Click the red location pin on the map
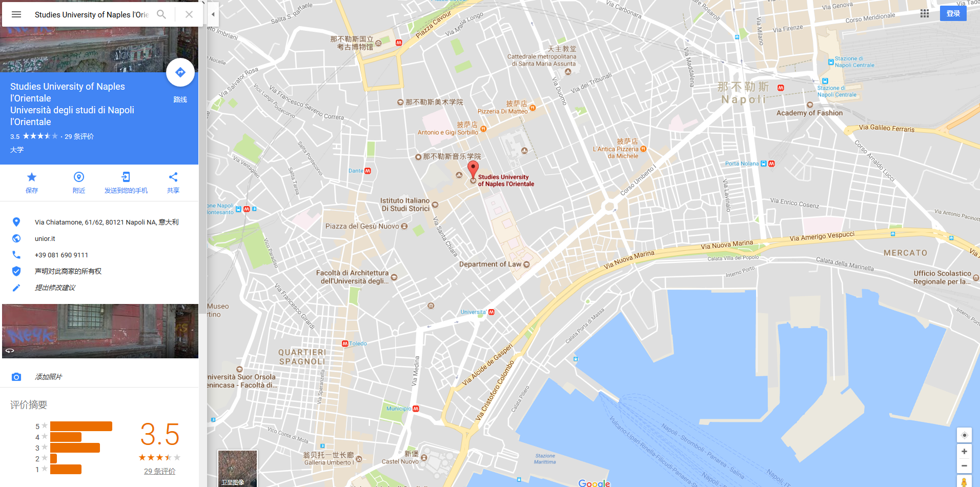tap(473, 169)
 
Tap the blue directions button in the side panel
tap(180, 72)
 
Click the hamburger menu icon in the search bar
tap(16, 14)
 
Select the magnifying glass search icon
tap(161, 14)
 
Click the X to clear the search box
tap(189, 14)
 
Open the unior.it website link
tap(45, 238)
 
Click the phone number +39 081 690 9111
tap(62, 255)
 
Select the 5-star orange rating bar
tap(81, 426)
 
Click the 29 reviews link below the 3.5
tap(159, 471)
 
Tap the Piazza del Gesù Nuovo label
tap(362, 226)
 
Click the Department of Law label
tap(490, 264)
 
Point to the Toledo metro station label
tap(358, 343)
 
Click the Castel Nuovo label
tap(400, 461)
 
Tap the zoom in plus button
tap(964, 451)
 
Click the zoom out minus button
tap(964, 465)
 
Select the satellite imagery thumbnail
tap(237, 468)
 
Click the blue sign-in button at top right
tap(953, 13)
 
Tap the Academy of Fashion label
tap(809, 113)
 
